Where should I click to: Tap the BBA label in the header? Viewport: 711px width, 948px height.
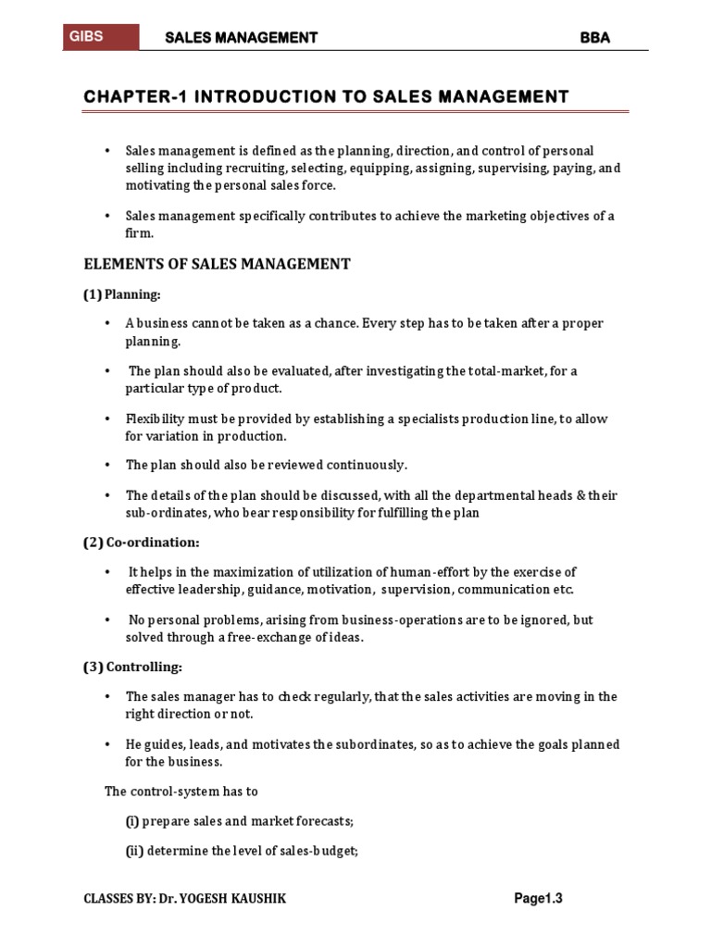point(595,38)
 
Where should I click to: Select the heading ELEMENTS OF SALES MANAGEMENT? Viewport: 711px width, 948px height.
point(218,265)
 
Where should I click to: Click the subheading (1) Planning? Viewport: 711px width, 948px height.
point(121,295)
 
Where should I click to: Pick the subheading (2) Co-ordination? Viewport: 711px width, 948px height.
point(141,543)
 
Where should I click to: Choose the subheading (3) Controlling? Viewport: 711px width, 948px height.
point(132,667)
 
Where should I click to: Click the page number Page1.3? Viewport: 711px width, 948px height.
point(539,898)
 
